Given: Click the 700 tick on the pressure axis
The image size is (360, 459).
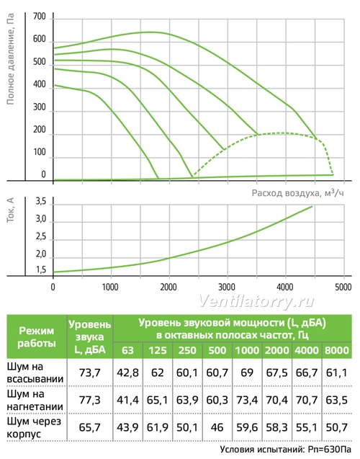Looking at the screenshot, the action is (x=40, y=17).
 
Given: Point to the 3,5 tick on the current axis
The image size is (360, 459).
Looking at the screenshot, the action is (x=40, y=202).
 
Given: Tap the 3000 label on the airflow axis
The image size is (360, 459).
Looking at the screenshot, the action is (x=227, y=287).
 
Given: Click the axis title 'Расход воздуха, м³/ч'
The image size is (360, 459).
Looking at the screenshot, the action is (x=297, y=193).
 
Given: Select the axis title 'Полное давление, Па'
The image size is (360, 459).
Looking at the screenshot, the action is (x=10, y=59).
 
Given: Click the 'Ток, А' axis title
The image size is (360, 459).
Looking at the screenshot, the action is (x=10, y=210).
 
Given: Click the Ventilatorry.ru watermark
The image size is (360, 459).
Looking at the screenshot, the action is (x=256, y=300).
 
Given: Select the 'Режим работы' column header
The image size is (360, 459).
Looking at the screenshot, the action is (x=37, y=337).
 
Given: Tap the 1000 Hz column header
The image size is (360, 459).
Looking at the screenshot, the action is (x=247, y=350).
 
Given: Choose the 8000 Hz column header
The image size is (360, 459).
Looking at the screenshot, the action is (x=337, y=350).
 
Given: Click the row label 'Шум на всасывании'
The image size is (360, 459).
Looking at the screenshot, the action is (x=35, y=373).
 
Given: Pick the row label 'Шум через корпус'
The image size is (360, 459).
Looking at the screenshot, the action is (x=34, y=427).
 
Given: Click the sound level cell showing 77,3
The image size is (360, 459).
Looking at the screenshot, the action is (x=89, y=400).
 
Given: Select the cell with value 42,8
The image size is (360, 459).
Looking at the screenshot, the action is (x=127, y=373).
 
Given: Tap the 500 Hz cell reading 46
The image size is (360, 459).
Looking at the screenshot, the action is (x=217, y=427).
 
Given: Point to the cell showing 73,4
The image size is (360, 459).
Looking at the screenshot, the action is (x=247, y=400).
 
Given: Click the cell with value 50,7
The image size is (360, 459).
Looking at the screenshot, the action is (x=337, y=427).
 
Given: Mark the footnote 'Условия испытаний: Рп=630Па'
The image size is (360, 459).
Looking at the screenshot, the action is (x=285, y=450).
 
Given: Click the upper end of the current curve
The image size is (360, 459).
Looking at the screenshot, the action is (x=312, y=206).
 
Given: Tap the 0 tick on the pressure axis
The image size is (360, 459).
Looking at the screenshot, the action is (x=44, y=174).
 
